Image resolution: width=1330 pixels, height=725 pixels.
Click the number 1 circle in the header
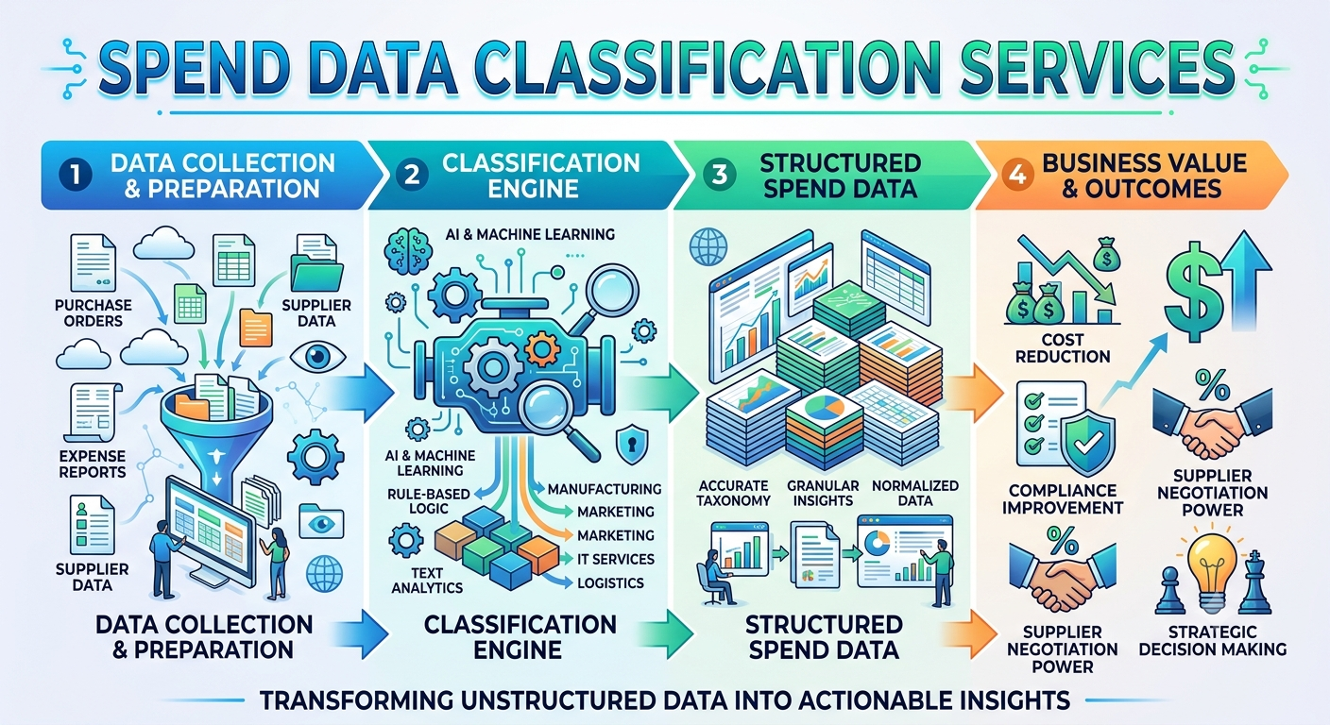click(x=76, y=175)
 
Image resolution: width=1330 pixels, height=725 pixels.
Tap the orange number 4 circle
click(x=1017, y=175)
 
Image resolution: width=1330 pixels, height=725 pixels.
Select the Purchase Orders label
click(x=94, y=312)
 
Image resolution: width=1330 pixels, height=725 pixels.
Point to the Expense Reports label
click(x=93, y=464)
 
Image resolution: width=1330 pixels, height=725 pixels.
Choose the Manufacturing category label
click(x=605, y=489)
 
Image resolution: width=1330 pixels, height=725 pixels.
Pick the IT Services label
click(x=616, y=559)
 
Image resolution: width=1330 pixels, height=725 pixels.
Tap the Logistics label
click(x=610, y=582)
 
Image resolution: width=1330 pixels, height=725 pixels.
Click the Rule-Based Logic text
click(x=428, y=500)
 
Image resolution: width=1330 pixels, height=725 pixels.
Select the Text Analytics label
click(x=427, y=581)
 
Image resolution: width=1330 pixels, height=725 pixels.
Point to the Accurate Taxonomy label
click(x=733, y=493)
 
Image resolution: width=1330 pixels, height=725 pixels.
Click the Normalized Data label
click(x=915, y=493)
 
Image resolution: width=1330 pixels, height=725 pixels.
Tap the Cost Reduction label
click(x=1063, y=348)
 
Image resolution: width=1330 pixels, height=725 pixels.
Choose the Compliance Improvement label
click(x=1063, y=499)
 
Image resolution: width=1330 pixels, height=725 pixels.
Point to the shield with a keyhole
click(x=632, y=444)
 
